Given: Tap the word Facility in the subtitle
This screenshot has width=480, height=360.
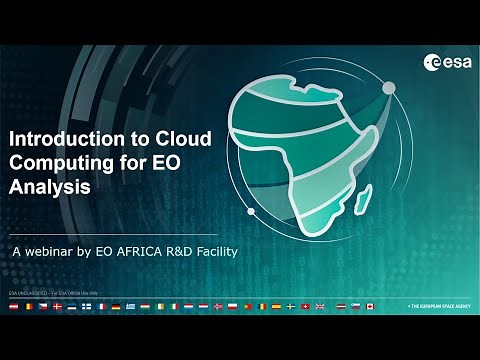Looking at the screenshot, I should click(214, 252).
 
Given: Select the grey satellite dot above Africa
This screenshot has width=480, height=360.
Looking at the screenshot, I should click(384, 88).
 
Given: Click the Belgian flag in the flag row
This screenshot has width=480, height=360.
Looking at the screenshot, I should click(28, 306).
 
